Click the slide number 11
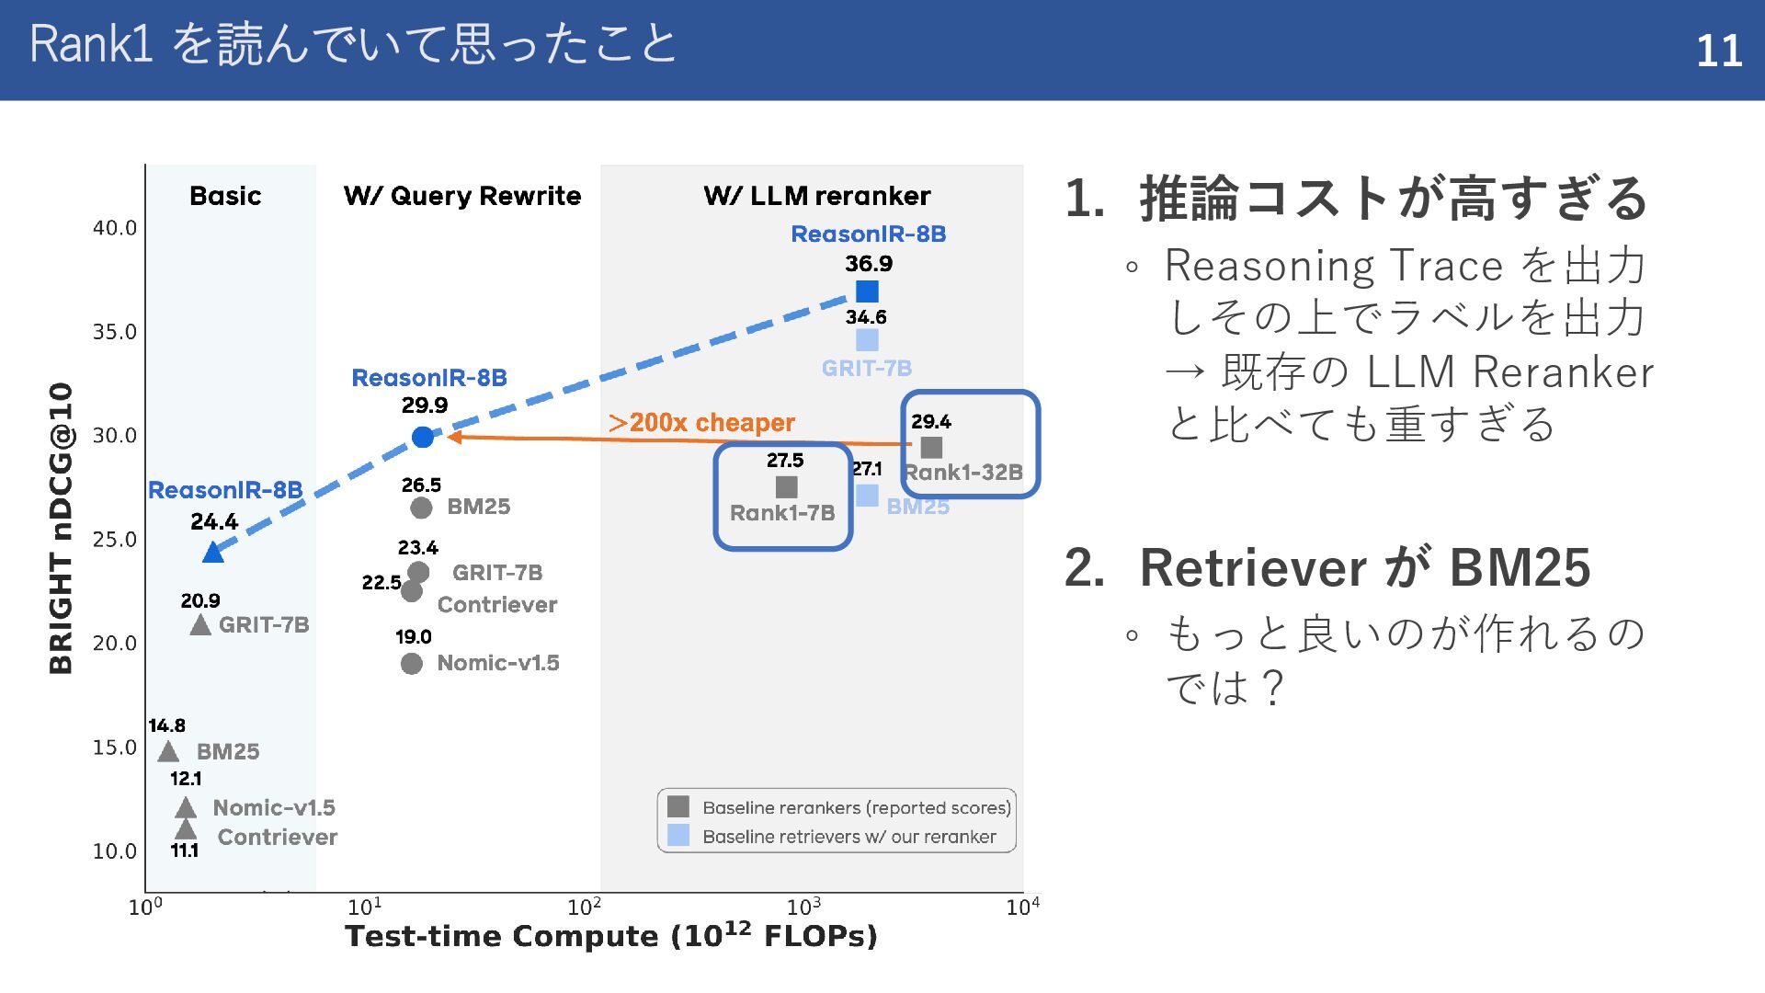point(1718,51)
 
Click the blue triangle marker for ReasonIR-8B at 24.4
point(212,553)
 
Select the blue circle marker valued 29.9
point(423,438)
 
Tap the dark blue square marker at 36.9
point(867,291)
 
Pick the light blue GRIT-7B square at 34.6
point(867,340)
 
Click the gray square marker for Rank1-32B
point(931,448)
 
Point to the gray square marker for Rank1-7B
point(786,487)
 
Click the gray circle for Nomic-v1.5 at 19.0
point(412,664)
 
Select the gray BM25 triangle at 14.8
point(168,752)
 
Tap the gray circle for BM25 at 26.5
point(421,508)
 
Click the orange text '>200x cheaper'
point(701,423)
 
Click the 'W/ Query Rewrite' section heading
point(462,196)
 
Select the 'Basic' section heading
point(225,196)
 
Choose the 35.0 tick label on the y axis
point(114,332)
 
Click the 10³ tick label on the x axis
point(804,907)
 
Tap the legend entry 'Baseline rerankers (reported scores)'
point(856,807)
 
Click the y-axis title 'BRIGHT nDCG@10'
point(61,528)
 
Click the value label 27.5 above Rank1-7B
point(785,461)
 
